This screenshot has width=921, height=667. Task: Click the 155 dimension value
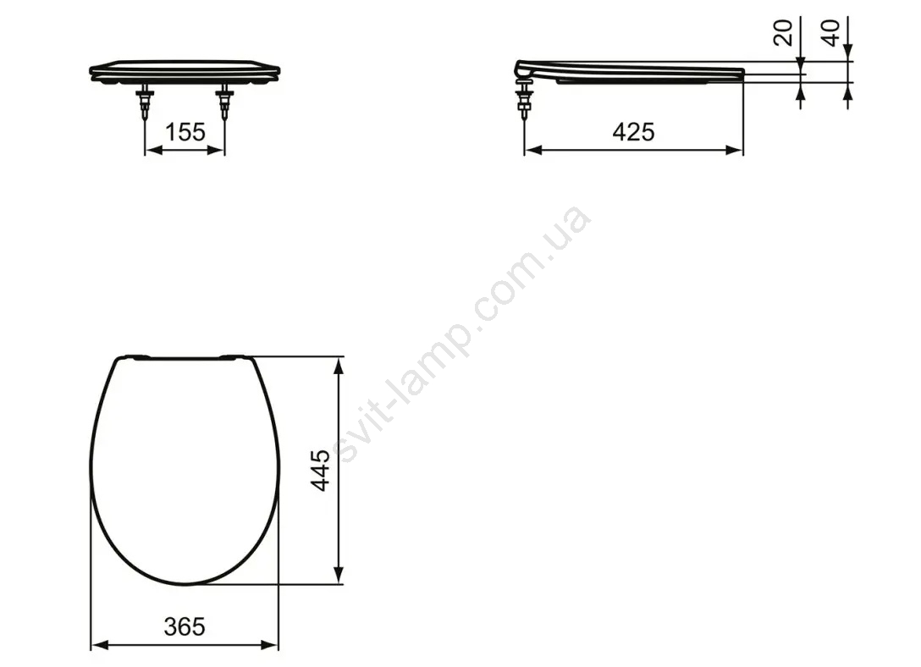coord(185,132)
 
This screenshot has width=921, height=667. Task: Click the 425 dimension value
coord(633,132)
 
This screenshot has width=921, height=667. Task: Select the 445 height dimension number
coord(321,471)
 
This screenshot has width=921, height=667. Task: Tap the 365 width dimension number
coord(185,627)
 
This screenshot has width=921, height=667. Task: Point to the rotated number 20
coord(783,32)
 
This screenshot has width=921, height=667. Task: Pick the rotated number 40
coord(832,32)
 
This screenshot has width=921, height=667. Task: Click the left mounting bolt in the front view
coord(145,102)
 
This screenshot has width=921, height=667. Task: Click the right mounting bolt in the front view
coord(223,102)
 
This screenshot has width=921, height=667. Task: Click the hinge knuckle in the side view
coord(524,69)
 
